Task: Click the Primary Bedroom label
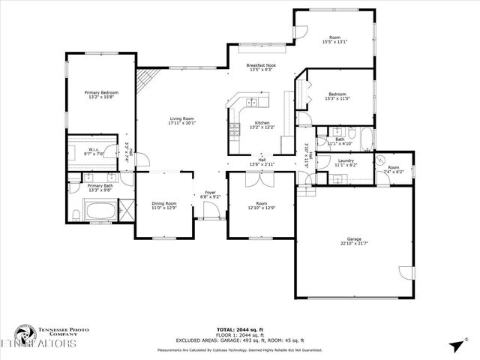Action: pyautogui.click(x=101, y=92)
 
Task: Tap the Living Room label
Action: pyautogui.click(x=181, y=118)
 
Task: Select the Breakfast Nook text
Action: pyautogui.click(x=260, y=65)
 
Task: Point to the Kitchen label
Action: pyautogui.click(x=262, y=123)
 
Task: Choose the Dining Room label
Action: pyautogui.click(x=164, y=203)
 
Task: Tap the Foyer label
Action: pyautogui.click(x=211, y=193)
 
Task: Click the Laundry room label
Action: pyautogui.click(x=346, y=160)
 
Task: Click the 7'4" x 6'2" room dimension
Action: pyautogui.click(x=394, y=172)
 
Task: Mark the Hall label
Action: pyautogui.click(x=262, y=159)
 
